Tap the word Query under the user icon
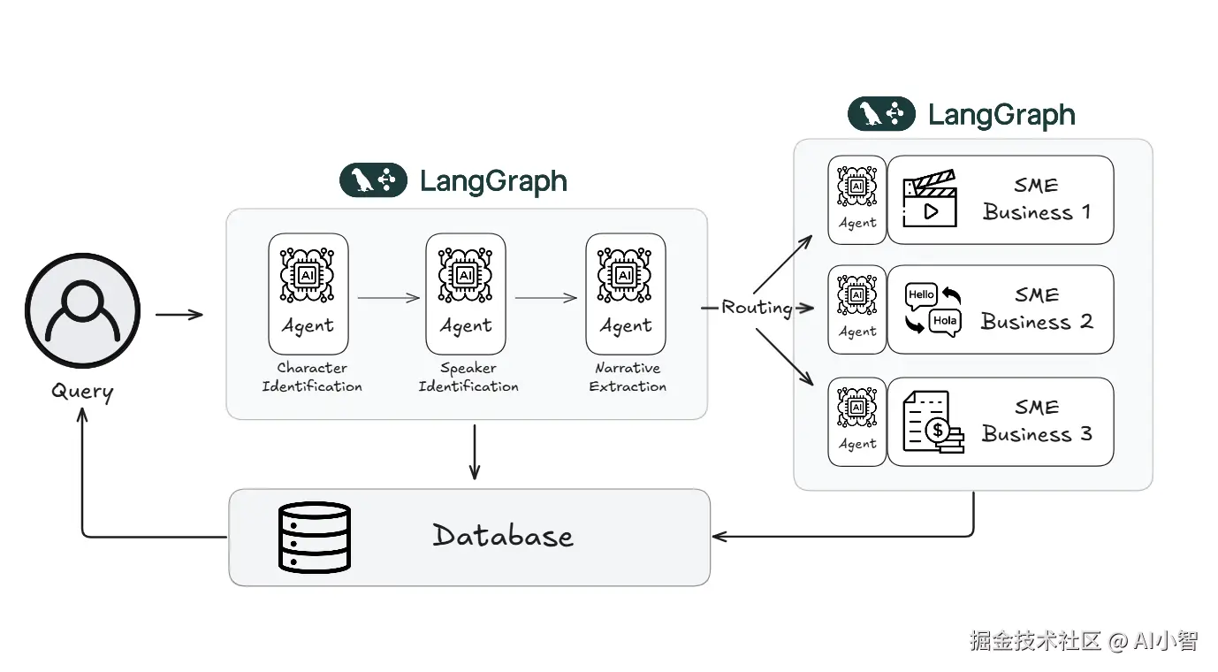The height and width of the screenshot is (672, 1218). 82,391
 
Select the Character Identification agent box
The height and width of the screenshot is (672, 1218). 308,294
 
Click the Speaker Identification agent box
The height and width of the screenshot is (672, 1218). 466,294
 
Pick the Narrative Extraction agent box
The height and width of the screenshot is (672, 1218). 626,294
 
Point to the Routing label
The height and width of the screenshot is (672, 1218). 757,308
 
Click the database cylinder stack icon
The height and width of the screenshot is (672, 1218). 315,537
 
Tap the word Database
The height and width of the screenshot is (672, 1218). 503,536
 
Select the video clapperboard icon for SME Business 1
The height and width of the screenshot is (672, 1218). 929,200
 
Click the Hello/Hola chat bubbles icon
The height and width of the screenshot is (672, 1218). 933,309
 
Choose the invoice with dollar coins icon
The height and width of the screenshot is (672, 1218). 933,423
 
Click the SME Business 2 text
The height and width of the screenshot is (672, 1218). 1037,309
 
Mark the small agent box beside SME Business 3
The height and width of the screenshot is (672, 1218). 856,422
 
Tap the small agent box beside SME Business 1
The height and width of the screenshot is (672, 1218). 856,200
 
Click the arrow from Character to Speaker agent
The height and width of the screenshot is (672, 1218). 388,298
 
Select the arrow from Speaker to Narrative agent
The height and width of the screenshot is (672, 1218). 545,298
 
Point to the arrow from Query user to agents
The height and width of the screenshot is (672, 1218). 179,314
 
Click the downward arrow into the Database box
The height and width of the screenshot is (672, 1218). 475,452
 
